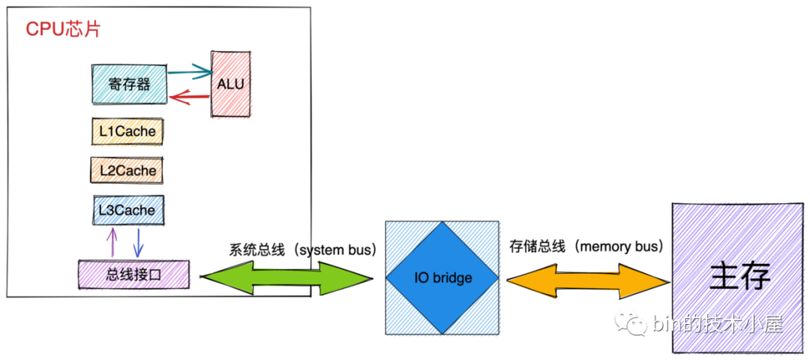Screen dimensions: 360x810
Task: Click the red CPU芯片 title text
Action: click(63, 29)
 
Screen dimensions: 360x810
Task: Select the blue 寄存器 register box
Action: click(128, 84)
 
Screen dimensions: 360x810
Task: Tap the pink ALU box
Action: click(230, 84)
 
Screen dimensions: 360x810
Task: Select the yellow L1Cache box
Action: click(127, 132)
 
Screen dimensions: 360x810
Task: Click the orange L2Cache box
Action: click(127, 171)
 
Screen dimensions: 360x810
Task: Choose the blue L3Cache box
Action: click(127, 211)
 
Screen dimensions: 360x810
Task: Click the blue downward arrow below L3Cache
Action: click(138, 243)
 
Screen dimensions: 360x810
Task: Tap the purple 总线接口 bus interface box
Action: click(134, 274)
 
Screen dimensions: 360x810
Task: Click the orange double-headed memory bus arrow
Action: click(588, 279)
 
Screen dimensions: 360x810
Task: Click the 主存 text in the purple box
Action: click(739, 276)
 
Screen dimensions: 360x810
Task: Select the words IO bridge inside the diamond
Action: click(443, 278)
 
